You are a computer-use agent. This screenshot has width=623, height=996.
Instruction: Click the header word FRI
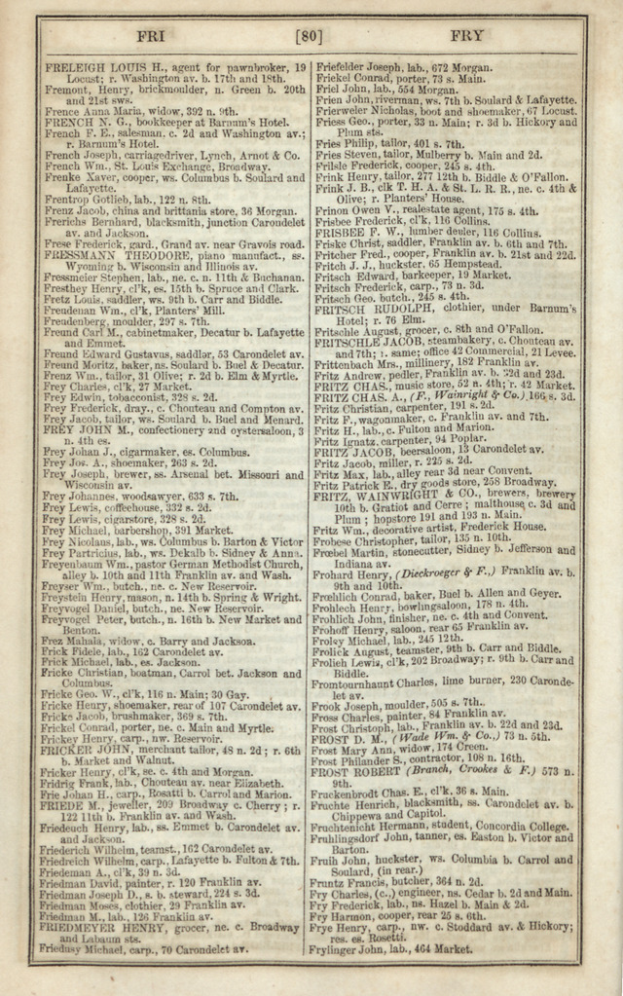pos(152,36)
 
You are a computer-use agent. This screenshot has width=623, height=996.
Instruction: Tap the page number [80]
pos(310,37)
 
